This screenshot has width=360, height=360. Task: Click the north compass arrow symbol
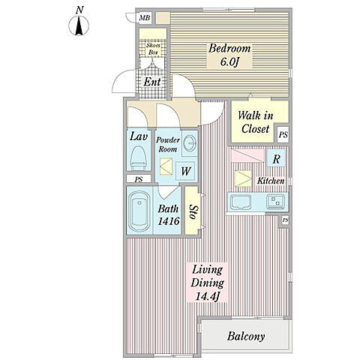pyautogui.click(x=79, y=25)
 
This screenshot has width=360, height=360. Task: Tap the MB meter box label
pyautogui.click(x=145, y=18)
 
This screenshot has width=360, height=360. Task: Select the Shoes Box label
pyautogui.click(x=153, y=49)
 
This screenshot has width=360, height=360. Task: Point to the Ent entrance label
pyautogui.click(x=152, y=82)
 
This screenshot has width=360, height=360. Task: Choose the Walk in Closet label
pyautogui.click(x=255, y=122)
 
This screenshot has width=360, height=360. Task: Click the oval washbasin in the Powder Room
pyautogui.click(x=189, y=143)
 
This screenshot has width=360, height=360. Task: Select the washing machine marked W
pyautogui.click(x=185, y=171)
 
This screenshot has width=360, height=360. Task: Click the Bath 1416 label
pyautogui.click(x=169, y=214)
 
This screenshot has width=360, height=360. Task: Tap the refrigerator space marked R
pyautogui.click(x=276, y=158)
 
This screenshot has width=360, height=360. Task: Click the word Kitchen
pyautogui.click(x=271, y=181)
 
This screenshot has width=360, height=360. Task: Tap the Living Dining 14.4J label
pyautogui.click(x=207, y=283)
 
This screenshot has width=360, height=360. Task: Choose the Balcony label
pyautogui.click(x=246, y=336)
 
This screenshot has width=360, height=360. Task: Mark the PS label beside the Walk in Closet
pyautogui.click(x=283, y=135)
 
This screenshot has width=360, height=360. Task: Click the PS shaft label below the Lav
pyautogui.click(x=139, y=179)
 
